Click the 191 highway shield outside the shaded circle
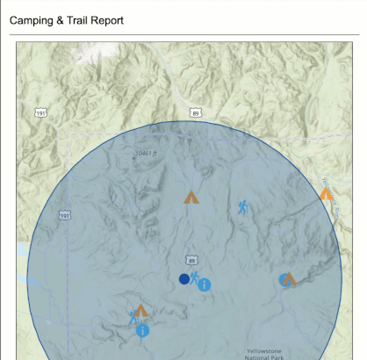tap(40, 112)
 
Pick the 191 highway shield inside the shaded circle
tap(65, 215)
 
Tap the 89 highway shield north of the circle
tap(195, 113)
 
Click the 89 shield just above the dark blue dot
tap(191, 261)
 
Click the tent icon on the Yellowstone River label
tap(326, 192)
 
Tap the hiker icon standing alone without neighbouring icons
tap(243, 207)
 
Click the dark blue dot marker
tap(184, 279)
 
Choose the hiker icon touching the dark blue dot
tap(194, 277)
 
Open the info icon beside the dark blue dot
tap(204, 284)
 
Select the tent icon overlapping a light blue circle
tap(290, 278)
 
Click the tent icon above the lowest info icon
tap(141, 311)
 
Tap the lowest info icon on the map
tap(142, 330)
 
